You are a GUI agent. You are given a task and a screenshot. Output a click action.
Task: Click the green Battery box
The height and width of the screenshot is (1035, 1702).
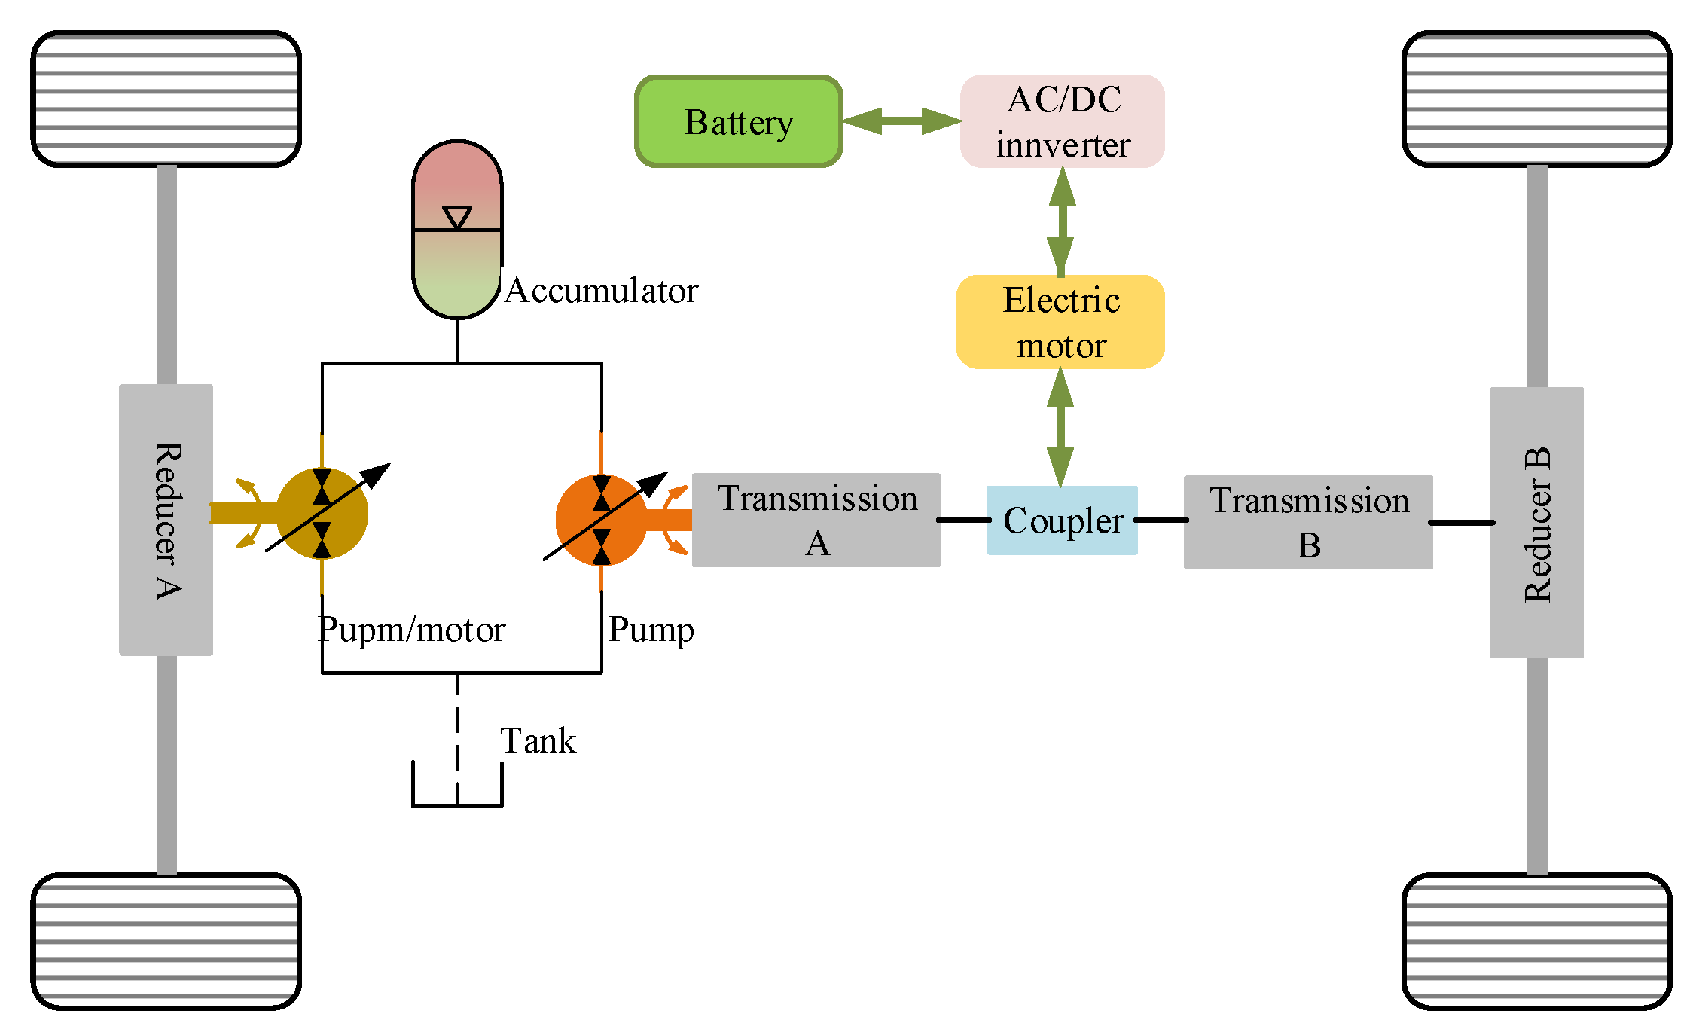pyautogui.click(x=738, y=121)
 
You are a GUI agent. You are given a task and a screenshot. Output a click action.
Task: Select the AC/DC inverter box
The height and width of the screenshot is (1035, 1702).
pyautogui.click(x=1062, y=121)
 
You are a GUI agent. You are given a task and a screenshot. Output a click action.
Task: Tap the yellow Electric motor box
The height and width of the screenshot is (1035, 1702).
pyautogui.click(x=1060, y=322)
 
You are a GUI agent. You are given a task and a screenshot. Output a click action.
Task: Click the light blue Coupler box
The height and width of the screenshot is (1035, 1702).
pyautogui.click(x=1062, y=521)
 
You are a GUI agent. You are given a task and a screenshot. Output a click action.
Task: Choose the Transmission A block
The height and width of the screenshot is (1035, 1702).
pyautogui.click(x=816, y=521)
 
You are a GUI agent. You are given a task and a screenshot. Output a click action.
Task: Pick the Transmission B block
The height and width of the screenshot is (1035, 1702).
pyautogui.click(x=1308, y=522)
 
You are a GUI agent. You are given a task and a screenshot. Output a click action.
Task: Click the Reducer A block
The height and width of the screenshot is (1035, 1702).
pyautogui.click(x=166, y=520)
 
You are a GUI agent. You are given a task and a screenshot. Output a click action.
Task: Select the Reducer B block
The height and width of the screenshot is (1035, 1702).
pyautogui.click(x=1536, y=523)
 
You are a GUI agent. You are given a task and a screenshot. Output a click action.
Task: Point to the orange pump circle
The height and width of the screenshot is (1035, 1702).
pyautogui.click(x=601, y=520)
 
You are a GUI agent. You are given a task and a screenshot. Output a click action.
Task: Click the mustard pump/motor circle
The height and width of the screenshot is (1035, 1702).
pyautogui.click(x=322, y=514)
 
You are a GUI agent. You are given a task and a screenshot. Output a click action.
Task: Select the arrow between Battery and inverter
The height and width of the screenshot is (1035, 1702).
pyautogui.click(x=901, y=121)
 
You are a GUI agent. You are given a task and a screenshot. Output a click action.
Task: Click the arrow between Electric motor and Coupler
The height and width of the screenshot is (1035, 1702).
pyautogui.click(x=1060, y=427)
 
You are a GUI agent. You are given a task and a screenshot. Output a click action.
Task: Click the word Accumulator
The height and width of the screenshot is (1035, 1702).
pyautogui.click(x=601, y=291)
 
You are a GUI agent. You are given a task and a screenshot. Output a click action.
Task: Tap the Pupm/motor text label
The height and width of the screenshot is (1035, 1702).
pyautogui.click(x=411, y=630)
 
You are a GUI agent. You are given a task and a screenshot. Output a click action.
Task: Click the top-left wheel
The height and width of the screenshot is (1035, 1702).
pyautogui.click(x=166, y=99)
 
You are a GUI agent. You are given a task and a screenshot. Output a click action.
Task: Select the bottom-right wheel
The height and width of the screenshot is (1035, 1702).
pyautogui.click(x=1536, y=942)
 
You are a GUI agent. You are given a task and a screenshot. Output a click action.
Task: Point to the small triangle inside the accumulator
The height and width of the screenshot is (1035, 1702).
pyautogui.click(x=457, y=217)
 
